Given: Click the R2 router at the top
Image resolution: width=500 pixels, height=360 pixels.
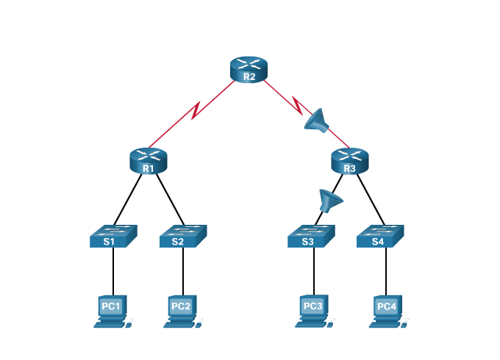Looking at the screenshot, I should (x=249, y=69).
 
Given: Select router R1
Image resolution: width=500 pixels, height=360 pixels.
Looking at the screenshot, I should (x=148, y=161).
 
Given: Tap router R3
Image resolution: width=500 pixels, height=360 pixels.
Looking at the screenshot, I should (x=349, y=160).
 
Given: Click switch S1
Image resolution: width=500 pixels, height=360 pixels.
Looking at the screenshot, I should (x=113, y=236).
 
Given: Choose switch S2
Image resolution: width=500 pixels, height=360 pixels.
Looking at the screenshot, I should (x=183, y=236).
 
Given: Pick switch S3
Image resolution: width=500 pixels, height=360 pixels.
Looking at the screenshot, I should (x=311, y=236).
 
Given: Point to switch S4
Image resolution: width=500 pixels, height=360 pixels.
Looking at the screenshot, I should (x=380, y=236).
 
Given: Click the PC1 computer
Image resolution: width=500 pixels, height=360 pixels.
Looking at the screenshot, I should (x=112, y=311).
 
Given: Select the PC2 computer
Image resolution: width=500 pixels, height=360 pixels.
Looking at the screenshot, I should (x=182, y=311).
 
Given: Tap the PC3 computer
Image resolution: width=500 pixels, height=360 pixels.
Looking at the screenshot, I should (x=313, y=311).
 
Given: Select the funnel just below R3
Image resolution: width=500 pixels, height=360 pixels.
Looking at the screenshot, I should (x=330, y=199).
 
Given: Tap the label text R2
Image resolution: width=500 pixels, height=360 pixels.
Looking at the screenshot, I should (x=249, y=76).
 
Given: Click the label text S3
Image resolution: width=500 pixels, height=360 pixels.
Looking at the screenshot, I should (x=307, y=241).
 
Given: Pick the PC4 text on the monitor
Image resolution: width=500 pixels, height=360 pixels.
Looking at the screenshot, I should (x=386, y=306).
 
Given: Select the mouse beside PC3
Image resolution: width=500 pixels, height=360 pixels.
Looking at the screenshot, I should (x=332, y=320).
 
